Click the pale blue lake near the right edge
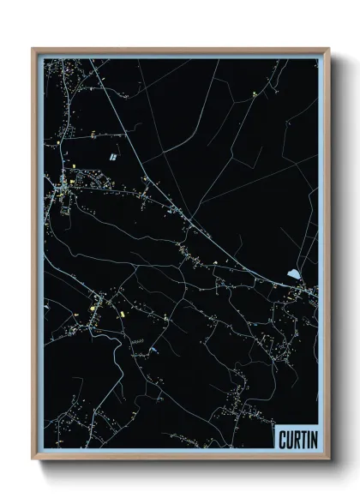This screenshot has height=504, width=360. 294,275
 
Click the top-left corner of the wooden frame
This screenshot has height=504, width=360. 33,49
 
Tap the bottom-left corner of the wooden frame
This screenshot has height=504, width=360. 33,460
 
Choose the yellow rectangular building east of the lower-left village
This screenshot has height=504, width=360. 121,315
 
